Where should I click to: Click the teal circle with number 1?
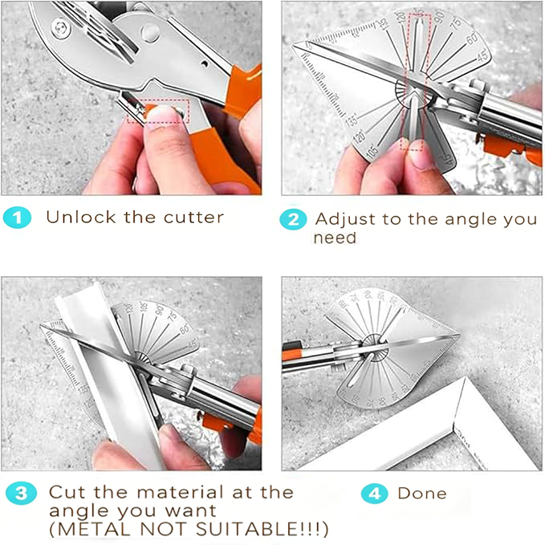coord(17,218)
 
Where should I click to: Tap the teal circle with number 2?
coord(294,220)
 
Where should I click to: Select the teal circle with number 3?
coord(18,493)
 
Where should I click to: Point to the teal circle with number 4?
coord(374,493)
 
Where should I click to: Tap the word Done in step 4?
coord(421,493)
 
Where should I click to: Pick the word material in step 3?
coord(180,491)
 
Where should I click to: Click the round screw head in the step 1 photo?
coord(149,32)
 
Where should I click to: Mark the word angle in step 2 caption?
coord(460,219)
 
